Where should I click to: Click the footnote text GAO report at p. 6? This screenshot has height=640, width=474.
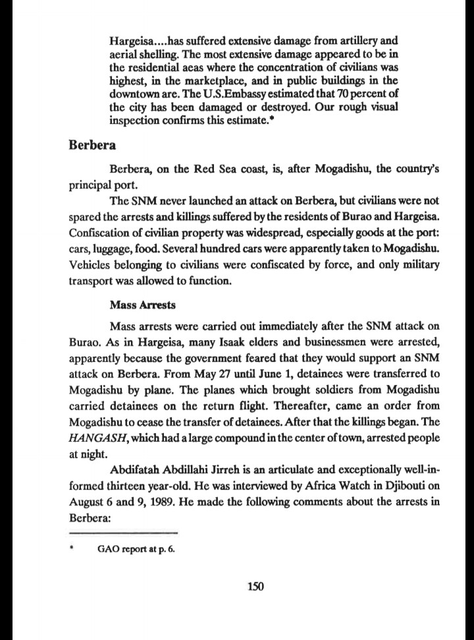pos(136,548)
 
